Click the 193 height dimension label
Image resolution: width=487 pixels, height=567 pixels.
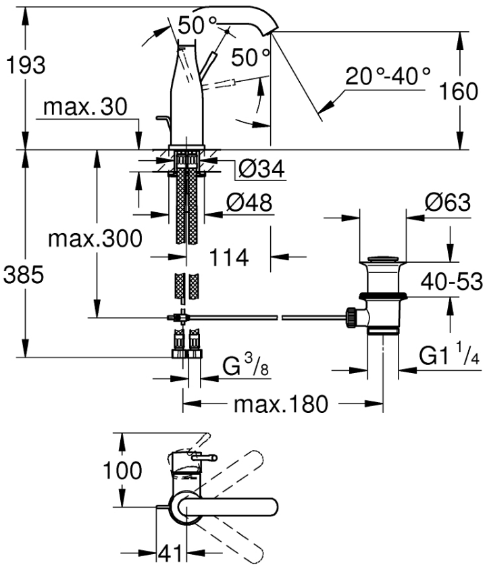(x=25, y=66)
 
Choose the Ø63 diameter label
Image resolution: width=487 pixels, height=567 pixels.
(x=446, y=203)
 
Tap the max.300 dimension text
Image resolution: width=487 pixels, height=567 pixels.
(x=95, y=238)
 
